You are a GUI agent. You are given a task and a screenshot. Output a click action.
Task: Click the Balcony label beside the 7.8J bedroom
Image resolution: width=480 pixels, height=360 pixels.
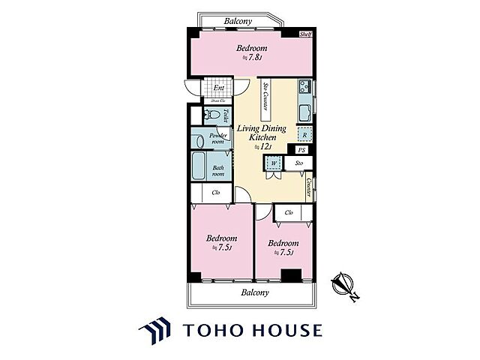click(x=238, y=22)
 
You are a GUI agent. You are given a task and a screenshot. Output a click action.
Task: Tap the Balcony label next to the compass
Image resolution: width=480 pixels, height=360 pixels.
click(x=255, y=292)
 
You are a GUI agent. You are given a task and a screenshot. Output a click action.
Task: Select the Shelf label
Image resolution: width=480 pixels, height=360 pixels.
click(x=306, y=34)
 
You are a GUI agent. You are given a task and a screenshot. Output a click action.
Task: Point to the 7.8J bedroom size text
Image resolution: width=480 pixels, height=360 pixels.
click(x=250, y=58)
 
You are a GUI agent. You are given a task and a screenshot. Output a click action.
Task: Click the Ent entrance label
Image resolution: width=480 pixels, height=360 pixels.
click(x=218, y=88)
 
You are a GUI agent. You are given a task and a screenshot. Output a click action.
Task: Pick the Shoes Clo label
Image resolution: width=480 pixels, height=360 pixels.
click(x=217, y=100)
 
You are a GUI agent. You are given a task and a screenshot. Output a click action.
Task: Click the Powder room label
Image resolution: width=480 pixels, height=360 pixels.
click(x=217, y=139)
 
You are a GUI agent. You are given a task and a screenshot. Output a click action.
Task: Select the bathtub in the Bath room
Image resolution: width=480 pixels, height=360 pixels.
click(x=200, y=166)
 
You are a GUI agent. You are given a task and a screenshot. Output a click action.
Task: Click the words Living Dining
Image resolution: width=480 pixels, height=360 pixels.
click(x=261, y=128)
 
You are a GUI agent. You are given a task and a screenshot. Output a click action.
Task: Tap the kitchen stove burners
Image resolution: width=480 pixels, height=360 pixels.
click(x=306, y=86)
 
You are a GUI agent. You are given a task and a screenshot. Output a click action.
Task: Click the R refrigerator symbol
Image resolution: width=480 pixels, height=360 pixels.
click(x=304, y=135)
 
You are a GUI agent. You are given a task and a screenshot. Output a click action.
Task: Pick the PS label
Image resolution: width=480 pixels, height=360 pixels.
click(x=301, y=150)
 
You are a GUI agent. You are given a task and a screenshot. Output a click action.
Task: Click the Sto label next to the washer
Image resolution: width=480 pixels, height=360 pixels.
click(x=298, y=162)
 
